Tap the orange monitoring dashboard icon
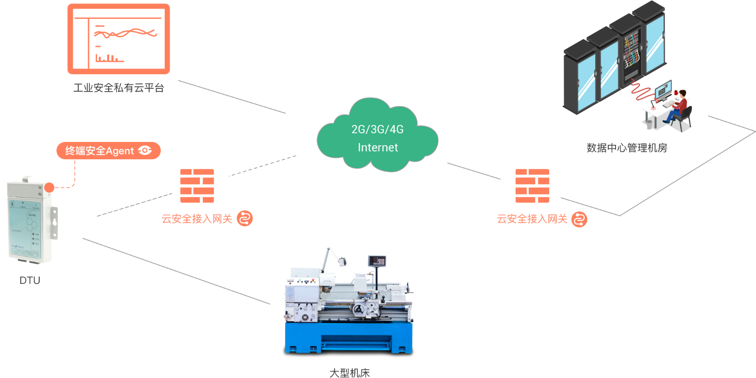[x=119, y=39]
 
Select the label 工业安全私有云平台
[x=119, y=88]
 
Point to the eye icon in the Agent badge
[x=145, y=151]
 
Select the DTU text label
[x=30, y=280]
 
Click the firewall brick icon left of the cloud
[x=197, y=186]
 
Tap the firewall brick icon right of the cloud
[x=532, y=186]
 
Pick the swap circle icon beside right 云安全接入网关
[x=579, y=219]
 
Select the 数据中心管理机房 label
[x=627, y=148]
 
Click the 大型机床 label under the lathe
[x=349, y=373]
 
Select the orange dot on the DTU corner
[x=49, y=187]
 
